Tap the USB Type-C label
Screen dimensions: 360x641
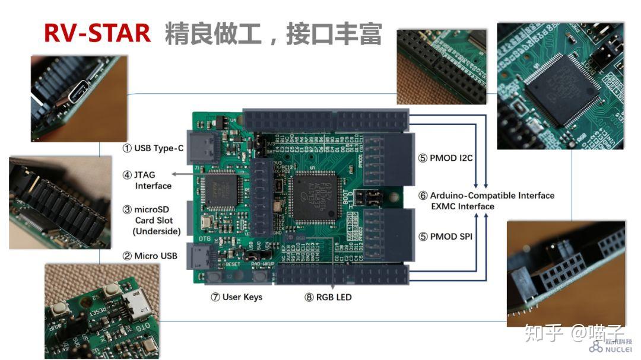(153, 148)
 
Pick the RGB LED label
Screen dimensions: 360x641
(328, 297)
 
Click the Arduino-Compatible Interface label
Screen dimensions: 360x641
(486, 196)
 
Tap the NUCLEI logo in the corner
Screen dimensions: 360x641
(611, 346)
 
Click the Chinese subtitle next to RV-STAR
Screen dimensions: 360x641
(273, 34)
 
